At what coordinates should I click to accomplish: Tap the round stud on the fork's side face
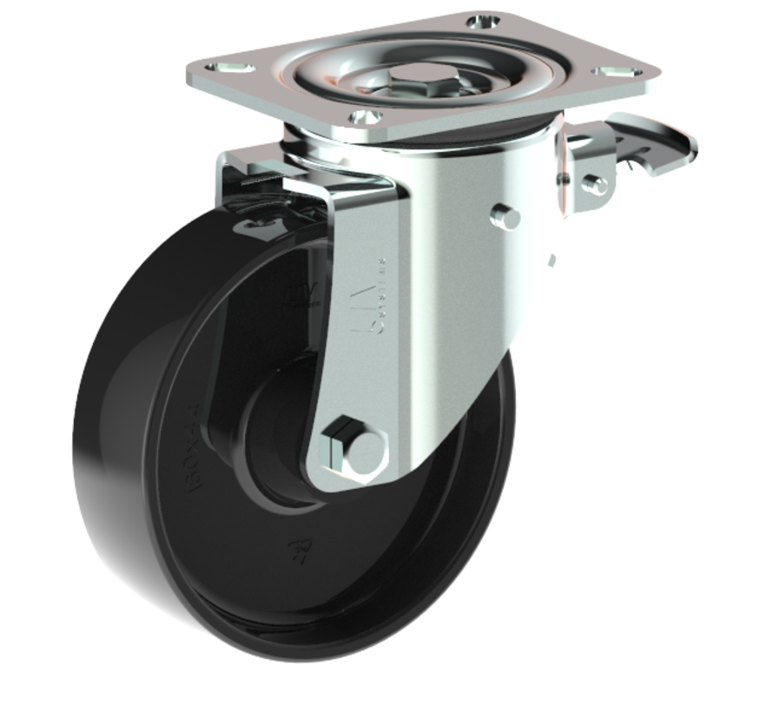point(505,217)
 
